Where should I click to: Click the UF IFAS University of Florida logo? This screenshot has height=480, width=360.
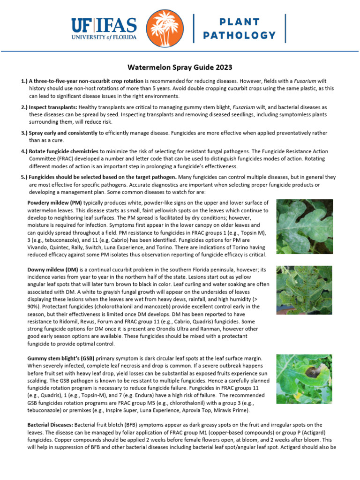pos(104,29)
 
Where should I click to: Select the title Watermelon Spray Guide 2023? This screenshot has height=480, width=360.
pos(180,67)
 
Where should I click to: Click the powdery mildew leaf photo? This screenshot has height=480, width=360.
pos(304,226)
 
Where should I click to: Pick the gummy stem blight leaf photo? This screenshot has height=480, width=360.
pos(304,379)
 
